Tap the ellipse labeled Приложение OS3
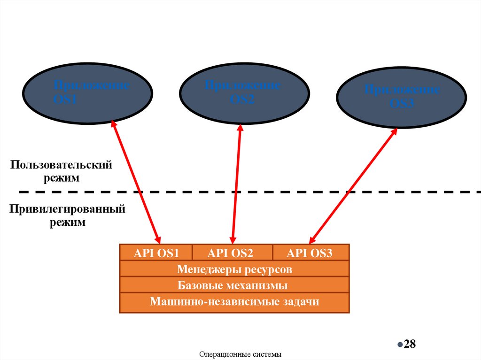[x=401, y=97]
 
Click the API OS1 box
[x=156, y=253]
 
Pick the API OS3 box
[x=310, y=253]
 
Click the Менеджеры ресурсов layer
[x=234, y=269]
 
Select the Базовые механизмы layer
[x=234, y=285]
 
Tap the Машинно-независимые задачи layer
[x=234, y=301]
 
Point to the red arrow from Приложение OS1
[x=136, y=181]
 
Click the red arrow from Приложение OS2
[x=236, y=181]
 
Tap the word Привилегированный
[x=68, y=209]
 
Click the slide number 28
[x=410, y=344]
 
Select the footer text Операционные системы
[x=240, y=354]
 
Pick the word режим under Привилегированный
[x=68, y=222]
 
